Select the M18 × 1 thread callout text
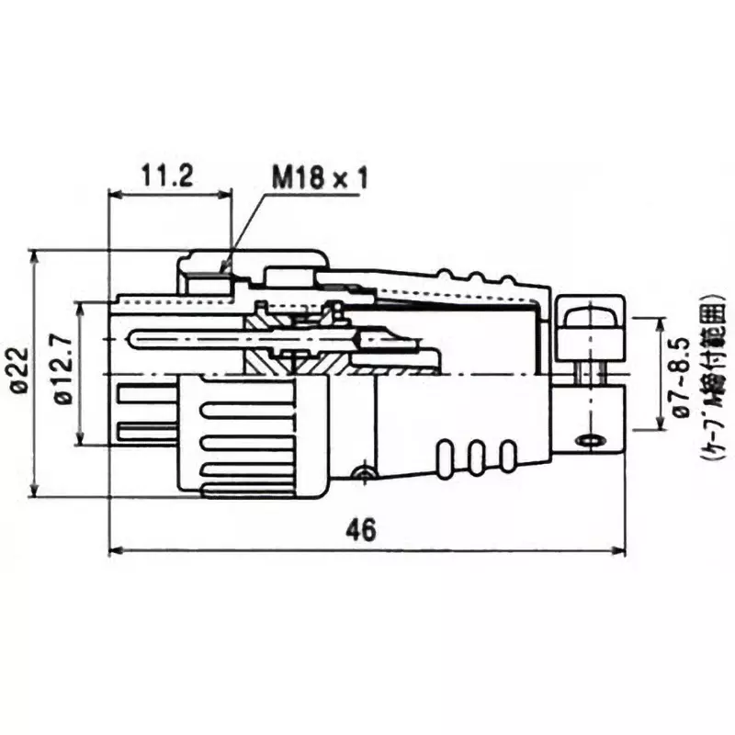(319, 176)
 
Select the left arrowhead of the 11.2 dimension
(113, 194)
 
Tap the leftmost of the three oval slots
(447, 457)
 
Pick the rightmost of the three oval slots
(507, 457)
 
